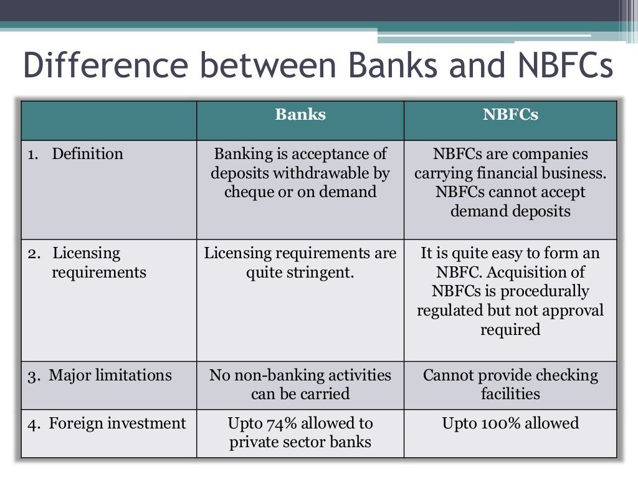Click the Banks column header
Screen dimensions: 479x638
(300, 115)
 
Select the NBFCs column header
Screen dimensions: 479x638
(510, 115)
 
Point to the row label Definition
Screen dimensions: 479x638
(87, 154)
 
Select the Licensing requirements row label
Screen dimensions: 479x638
(87, 263)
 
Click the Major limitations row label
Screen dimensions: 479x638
(110, 375)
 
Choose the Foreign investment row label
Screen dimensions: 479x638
(117, 423)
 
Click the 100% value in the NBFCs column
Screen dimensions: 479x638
(503, 423)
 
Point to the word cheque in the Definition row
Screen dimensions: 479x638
(247, 191)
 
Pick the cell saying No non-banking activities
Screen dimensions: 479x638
(300, 384)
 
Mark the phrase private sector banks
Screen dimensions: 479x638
(300, 442)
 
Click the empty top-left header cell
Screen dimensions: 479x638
(109, 120)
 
